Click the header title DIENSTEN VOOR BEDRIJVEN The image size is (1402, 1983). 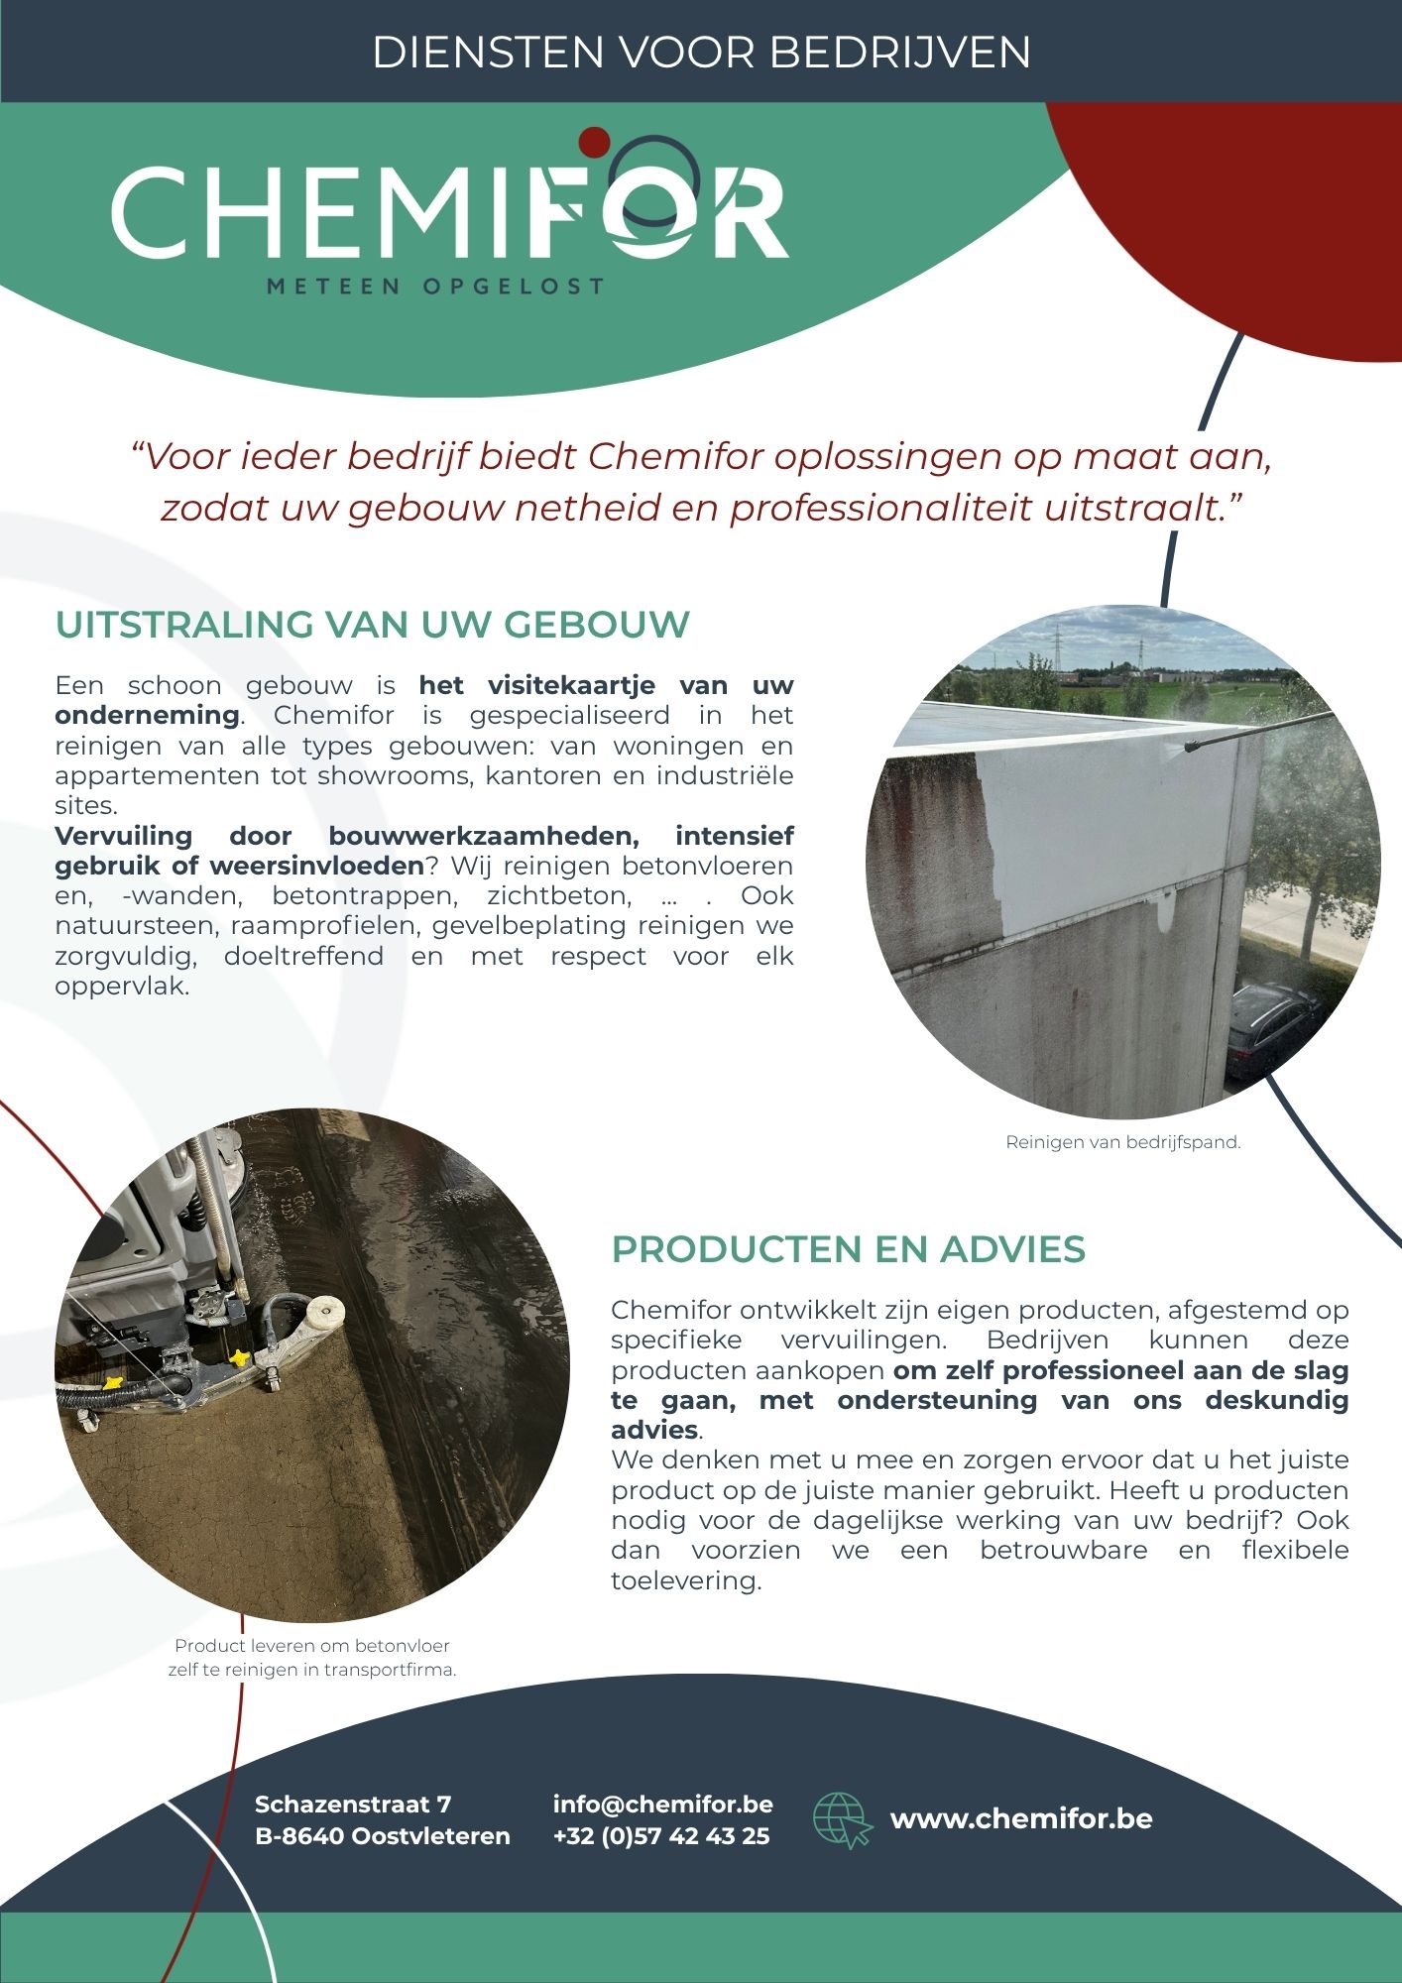pos(701,52)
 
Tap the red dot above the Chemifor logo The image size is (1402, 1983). pos(594,142)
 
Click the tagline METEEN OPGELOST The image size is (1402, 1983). pos(435,287)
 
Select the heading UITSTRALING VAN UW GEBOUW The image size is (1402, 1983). pos(373,625)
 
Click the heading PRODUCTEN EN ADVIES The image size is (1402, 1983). pos(848,1249)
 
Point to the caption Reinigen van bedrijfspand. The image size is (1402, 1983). pos(1122,1142)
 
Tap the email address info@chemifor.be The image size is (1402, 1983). pos(662,1804)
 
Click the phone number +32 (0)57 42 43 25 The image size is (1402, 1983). pos(661,1836)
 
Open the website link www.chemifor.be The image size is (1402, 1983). pos(1020,1818)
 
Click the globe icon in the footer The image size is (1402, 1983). pos(841,1819)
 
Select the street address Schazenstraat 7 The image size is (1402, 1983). pos(353,1804)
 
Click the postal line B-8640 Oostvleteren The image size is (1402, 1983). pos(382,1836)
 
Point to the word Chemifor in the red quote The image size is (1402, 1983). pos(675,457)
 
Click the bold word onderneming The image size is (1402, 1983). pos(147,715)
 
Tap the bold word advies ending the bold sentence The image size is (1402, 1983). pos(654,1430)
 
